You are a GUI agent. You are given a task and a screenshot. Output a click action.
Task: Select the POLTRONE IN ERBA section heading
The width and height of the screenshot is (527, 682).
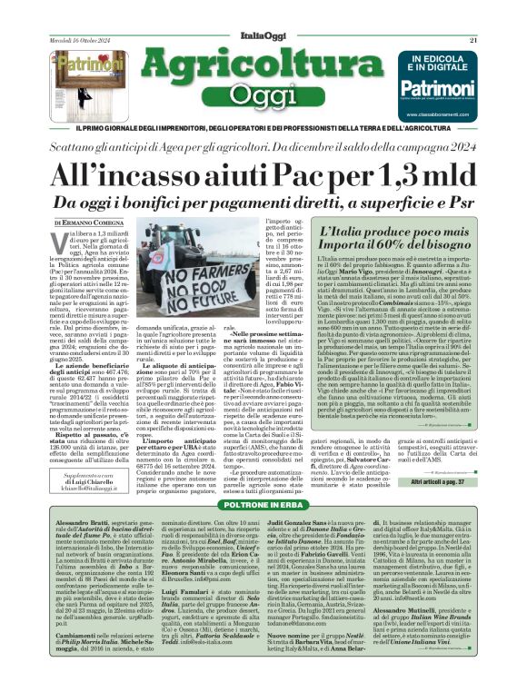point(263,503)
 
